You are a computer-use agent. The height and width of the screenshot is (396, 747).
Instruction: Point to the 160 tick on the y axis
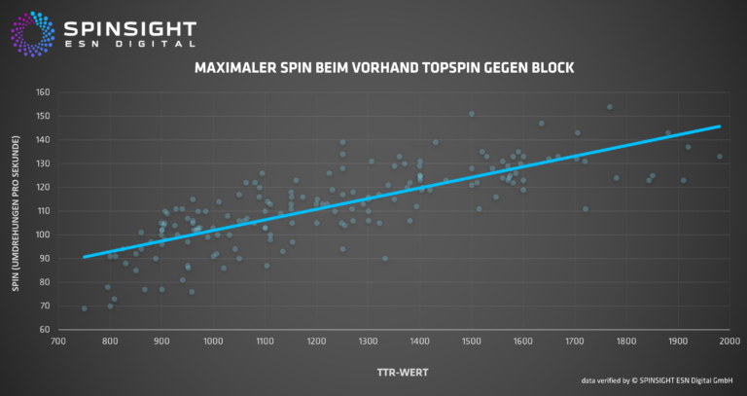[43, 93]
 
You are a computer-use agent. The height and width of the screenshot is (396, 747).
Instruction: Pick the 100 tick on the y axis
[43, 235]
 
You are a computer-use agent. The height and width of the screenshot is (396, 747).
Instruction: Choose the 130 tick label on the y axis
[43, 164]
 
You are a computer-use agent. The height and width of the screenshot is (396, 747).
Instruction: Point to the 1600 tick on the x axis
[523, 342]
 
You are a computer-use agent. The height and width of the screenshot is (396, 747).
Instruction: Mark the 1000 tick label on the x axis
[213, 342]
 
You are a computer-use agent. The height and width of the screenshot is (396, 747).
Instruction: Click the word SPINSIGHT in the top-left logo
[129, 29]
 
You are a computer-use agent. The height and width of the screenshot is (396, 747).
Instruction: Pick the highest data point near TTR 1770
[610, 107]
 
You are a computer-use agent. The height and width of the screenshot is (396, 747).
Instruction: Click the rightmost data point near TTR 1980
[720, 157]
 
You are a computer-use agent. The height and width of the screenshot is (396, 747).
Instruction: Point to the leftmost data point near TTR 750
[85, 308]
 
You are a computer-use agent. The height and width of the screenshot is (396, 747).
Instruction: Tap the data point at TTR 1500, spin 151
[472, 114]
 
